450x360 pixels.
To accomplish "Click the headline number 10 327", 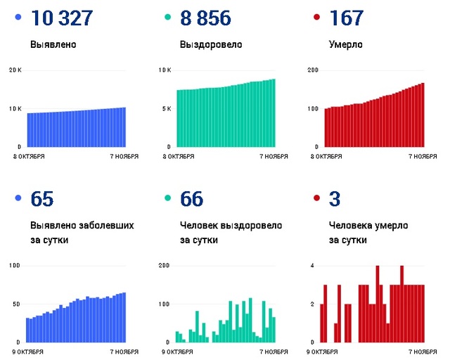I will coord(61,18).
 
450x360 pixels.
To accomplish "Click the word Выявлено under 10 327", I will coord(53,45).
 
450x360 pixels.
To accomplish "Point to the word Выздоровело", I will coord(211,45).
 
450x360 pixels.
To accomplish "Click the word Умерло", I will coord(346,45).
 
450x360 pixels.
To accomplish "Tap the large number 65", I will coord(42,199).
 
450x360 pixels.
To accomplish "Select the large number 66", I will coord(191,199).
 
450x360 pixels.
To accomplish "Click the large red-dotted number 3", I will coord(335,199).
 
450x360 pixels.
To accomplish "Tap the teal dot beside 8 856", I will coord(166,17).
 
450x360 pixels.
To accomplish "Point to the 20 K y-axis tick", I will coord(16,70).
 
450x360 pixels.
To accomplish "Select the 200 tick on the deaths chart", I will coord(314,70).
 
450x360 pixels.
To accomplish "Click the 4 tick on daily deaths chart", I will coord(313,265).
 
